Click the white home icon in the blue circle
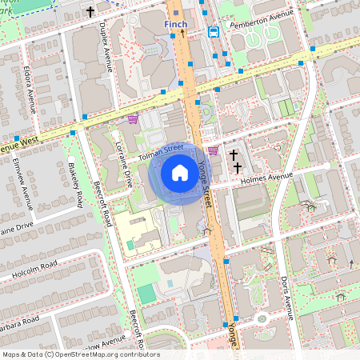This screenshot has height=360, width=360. coord(180,172)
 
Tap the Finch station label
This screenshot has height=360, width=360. coord(175,24)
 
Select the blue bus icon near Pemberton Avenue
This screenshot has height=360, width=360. coord(214,32)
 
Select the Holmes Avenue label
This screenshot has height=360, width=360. coord(267,177)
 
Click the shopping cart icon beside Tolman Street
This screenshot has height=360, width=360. coord(213,150)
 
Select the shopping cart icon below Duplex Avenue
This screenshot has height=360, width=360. coord(133,119)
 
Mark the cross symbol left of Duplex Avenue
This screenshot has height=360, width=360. coord(90,12)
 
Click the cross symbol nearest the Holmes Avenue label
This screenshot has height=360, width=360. coord(238,167)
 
